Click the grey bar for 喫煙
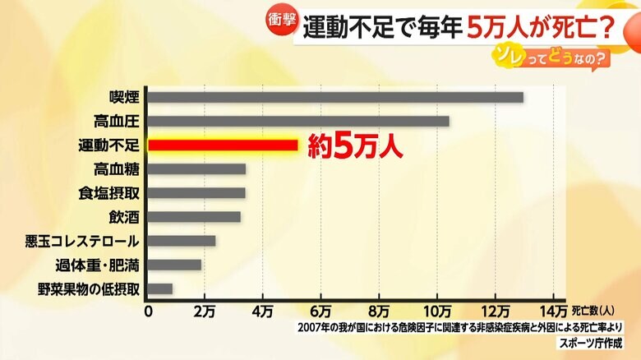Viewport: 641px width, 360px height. click(335, 97)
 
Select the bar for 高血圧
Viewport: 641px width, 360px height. click(298, 121)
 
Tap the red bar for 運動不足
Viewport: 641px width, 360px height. click(223, 145)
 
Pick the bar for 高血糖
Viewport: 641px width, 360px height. click(196, 169)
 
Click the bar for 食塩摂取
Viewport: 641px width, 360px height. click(196, 193)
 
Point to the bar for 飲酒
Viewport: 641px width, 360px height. click(194, 217)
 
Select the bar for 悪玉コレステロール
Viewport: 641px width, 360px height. click(182, 241)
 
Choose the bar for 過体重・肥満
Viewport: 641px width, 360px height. click(174, 265)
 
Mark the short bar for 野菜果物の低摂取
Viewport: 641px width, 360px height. click(160, 288)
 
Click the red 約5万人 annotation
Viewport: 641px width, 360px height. click(354, 146)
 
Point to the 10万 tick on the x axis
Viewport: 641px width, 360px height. click(437, 311)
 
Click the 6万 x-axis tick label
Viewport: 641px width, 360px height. click(320, 311)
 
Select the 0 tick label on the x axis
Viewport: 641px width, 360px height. click(148, 311)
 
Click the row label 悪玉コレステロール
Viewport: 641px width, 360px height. click(95, 241)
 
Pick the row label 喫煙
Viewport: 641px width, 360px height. click(123, 97)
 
